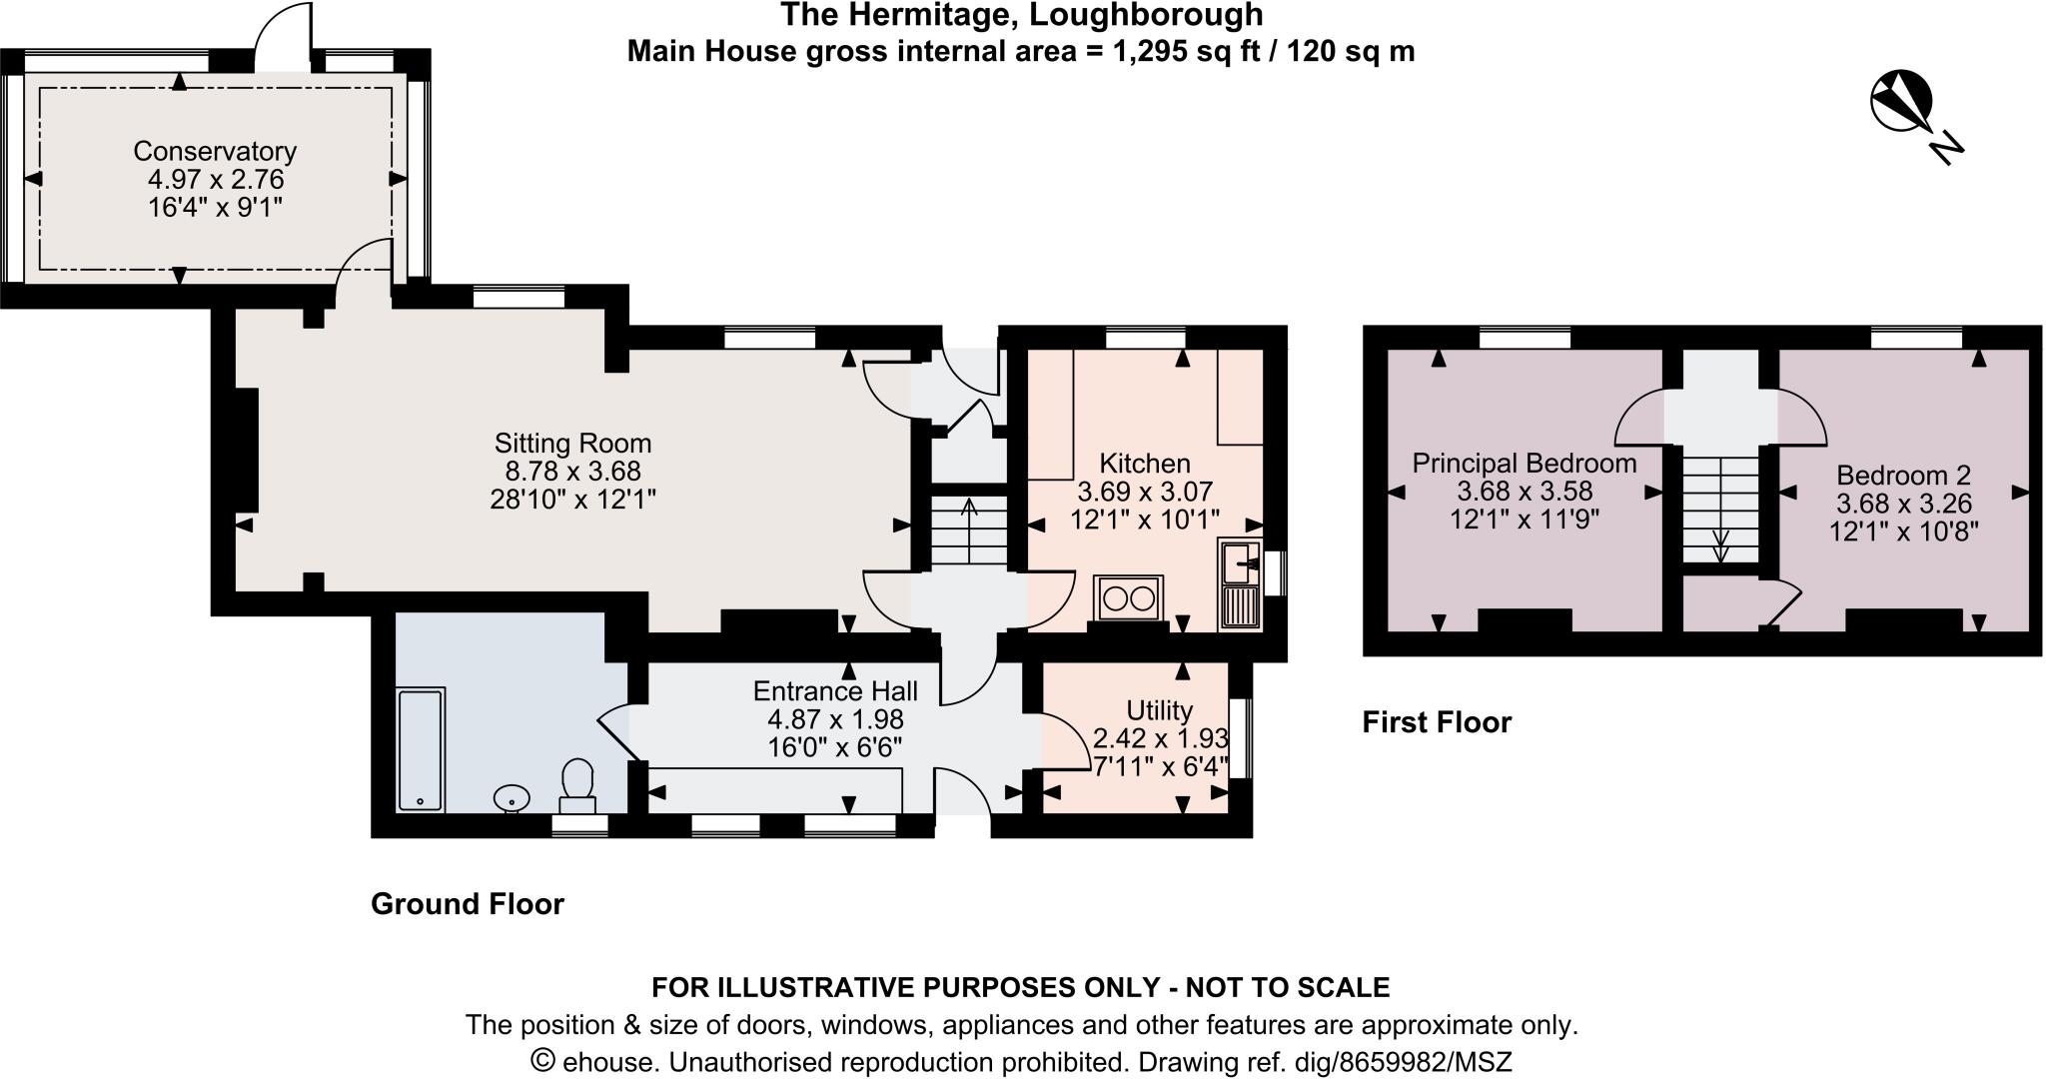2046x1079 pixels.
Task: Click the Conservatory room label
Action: click(215, 151)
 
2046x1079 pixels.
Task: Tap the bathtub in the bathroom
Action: click(421, 749)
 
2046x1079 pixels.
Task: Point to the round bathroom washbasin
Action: click(512, 797)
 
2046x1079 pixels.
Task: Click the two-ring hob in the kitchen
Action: click(1129, 598)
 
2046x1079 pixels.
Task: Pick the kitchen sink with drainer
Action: click(1240, 584)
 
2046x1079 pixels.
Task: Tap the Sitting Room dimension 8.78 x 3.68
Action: click(572, 471)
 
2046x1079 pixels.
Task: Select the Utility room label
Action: click(1159, 710)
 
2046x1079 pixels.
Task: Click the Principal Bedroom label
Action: click(1525, 464)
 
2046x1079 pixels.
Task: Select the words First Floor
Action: click(1437, 722)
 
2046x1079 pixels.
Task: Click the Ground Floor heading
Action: click(468, 904)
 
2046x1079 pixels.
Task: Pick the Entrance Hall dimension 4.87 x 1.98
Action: click(835, 719)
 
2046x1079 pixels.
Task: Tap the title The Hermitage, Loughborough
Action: click(1021, 15)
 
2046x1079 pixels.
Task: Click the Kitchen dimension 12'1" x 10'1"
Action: click(1145, 520)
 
